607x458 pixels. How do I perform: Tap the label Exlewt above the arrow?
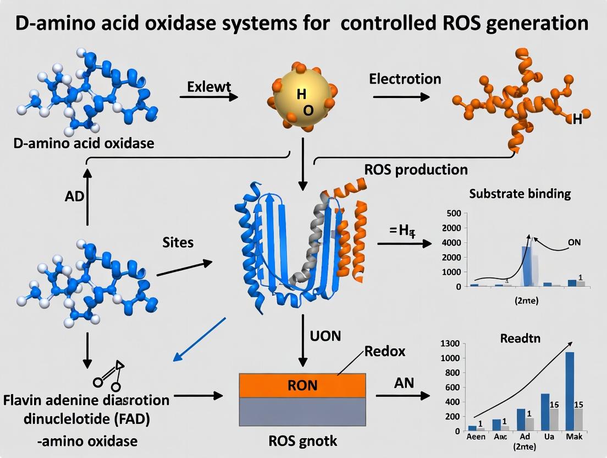click(x=209, y=86)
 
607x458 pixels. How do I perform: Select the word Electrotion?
click(x=405, y=79)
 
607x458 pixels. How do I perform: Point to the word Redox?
click(x=385, y=351)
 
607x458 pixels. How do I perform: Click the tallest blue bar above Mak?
click(x=570, y=391)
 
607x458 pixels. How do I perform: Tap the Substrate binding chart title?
click(x=520, y=194)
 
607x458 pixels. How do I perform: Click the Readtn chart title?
click(x=520, y=339)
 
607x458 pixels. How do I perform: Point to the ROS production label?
click(x=416, y=169)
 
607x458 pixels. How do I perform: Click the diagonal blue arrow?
click(x=200, y=340)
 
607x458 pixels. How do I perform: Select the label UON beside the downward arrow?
click(x=325, y=335)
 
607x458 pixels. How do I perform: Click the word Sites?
click(x=178, y=242)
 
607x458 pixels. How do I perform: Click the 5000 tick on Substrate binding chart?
click(x=454, y=214)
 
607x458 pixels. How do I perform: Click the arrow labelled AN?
click(x=402, y=395)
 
